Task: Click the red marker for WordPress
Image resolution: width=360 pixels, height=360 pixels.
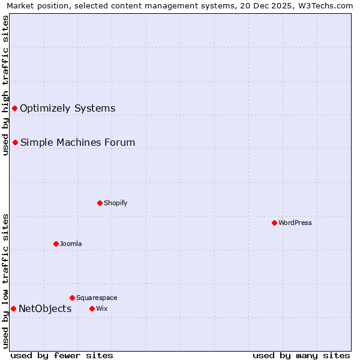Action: pyautogui.click(x=274, y=223)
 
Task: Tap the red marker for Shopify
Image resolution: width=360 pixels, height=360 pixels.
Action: pyautogui.click(x=100, y=203)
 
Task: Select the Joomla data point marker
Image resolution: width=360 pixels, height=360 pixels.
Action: pyautogui.click(x=56, y=244)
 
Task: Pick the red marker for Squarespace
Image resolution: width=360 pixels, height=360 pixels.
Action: pyautogui.click(x=72, y=298)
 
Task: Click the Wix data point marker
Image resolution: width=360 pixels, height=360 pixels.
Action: pyautogui.click(x=92, y=308)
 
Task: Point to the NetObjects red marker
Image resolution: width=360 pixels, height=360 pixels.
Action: pyautogui.click(x=13, y=308)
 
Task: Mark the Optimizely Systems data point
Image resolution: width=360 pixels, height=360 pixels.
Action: pyautogui.click(x=14, y=108)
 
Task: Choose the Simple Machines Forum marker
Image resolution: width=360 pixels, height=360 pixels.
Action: pyautogui.click(x=15, y=142)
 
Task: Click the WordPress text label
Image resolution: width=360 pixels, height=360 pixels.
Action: pyautogui.click(x=295, y=223)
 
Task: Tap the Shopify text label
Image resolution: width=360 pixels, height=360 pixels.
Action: pyautogui.click(x=116, y=203)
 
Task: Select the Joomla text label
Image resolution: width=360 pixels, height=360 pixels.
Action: pyautogui.click(x=71, y=244)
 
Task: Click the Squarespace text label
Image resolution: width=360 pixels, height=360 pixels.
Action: pyautogui.click(x=97, y=298)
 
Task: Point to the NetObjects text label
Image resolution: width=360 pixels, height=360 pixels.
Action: pyautogui.click(x=45, y=308)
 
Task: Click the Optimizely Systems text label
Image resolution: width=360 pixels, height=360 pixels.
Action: pyautogui.click(x=67, y=108)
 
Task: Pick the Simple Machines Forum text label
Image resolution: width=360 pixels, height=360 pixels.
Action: pyautogui.click(x=77, y=142)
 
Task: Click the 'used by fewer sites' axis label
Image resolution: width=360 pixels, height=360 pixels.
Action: pyautogui.click(x=62, y=355)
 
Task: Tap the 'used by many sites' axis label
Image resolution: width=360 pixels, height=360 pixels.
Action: pyautogui.click(x=301, y=355)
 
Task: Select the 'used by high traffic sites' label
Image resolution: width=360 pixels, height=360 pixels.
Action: pyautogui.click(x=5, y=85)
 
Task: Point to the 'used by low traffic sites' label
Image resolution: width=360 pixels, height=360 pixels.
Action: pyautogui.click(x=5, y=281)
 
